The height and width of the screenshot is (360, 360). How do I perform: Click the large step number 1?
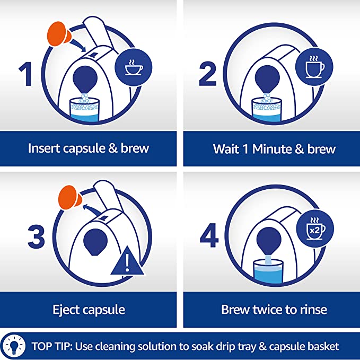click(25, 74)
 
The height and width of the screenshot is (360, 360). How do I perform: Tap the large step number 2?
click(207, 74)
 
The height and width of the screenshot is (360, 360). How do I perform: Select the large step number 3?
click(36, 236)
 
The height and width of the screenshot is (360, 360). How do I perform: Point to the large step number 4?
click(209, 235)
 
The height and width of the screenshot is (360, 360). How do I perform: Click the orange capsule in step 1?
click(59, 33)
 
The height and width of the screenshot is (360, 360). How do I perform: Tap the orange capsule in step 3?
click(70, 198)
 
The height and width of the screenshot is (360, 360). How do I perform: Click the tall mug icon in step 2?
click(314, 67)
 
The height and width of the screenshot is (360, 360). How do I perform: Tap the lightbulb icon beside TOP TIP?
click(14, 346)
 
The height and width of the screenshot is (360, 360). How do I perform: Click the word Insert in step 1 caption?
click(44, 148)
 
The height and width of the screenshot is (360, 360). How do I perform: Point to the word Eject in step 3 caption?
click(66, 310)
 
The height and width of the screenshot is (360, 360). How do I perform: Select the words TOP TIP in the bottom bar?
click(52, 346)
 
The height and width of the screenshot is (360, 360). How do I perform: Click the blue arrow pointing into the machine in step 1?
click(78, 46)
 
